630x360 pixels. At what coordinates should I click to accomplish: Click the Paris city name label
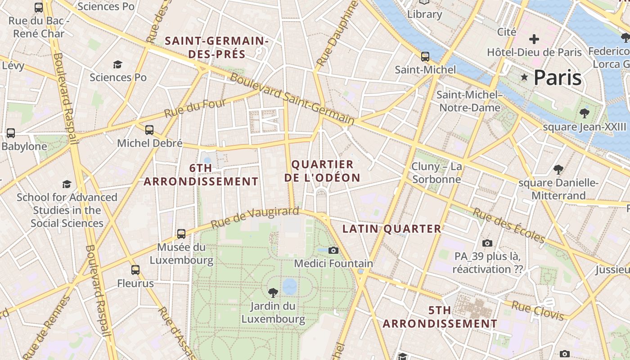point(558,77)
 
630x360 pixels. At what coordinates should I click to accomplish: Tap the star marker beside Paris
point(524,77)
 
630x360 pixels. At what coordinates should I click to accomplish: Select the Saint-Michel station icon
point(425,57)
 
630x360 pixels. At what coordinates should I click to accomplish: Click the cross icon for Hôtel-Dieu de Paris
point(534,39)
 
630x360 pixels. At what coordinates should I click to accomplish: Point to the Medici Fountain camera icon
point(333,250)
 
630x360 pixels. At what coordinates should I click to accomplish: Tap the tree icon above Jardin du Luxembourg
point(273,293)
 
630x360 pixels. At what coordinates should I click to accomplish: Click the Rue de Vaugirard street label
point(255,217)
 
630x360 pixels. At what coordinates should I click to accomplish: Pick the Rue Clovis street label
point(537,310)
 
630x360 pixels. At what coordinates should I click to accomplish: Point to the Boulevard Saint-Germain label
point(292,99)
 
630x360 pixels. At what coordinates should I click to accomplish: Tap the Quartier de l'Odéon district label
point(322,171)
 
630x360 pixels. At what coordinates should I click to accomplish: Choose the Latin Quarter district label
point(391,229)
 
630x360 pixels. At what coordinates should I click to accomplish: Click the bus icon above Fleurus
point(135,270)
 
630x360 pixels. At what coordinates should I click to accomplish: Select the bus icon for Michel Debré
point(149,130)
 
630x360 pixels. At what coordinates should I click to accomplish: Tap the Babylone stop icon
point(10,133)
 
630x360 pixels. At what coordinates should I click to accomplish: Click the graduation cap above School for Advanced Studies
point(67,184)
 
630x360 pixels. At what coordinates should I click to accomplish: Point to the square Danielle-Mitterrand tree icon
point(558,170)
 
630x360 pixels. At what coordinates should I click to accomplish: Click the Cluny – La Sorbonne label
point(436,173)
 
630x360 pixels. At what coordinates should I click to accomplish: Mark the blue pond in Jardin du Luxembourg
point(289,285)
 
